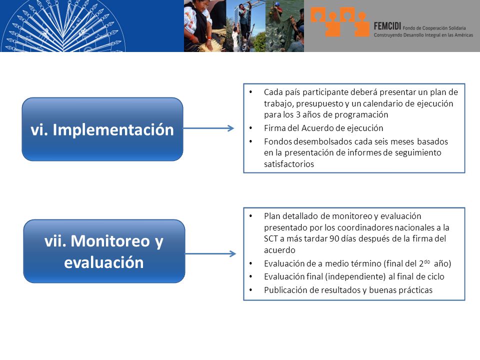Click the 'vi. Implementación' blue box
coord(102,129)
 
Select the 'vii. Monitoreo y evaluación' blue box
coord(104,251)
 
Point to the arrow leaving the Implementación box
coord(209,128)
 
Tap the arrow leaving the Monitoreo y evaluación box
coord(210,253)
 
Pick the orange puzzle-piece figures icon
coord(340,21)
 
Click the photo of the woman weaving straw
coord(205,25)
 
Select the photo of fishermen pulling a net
coord(284,25)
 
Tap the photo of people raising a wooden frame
coord(246,25)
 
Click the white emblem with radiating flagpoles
coord(63,26)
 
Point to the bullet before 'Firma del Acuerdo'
coord(251,128)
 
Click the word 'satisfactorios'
coord(289,164)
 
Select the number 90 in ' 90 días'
coord(334,239)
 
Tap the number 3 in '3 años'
coord(298,115)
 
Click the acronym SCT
coord(270,239)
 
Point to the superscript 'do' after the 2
coord(427,261)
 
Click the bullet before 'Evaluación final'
coord(251,276)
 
